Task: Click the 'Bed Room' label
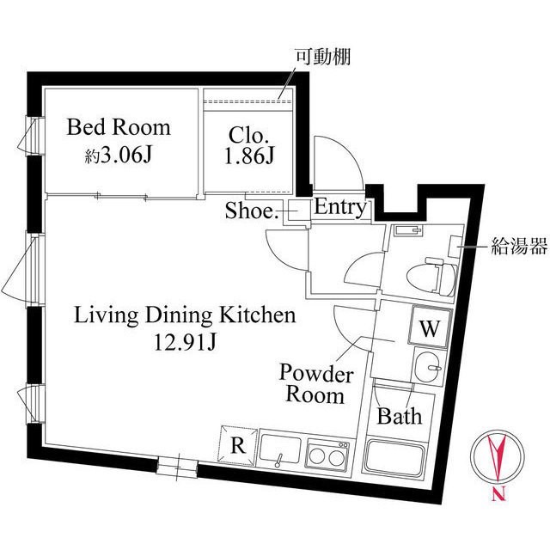119,128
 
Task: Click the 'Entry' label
340,207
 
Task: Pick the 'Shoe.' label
252,211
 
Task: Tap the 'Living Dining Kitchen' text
185,315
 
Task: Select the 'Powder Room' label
315,384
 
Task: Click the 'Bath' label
400,417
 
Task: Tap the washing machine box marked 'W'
429,327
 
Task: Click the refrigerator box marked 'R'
238,444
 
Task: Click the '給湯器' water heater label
518,247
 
